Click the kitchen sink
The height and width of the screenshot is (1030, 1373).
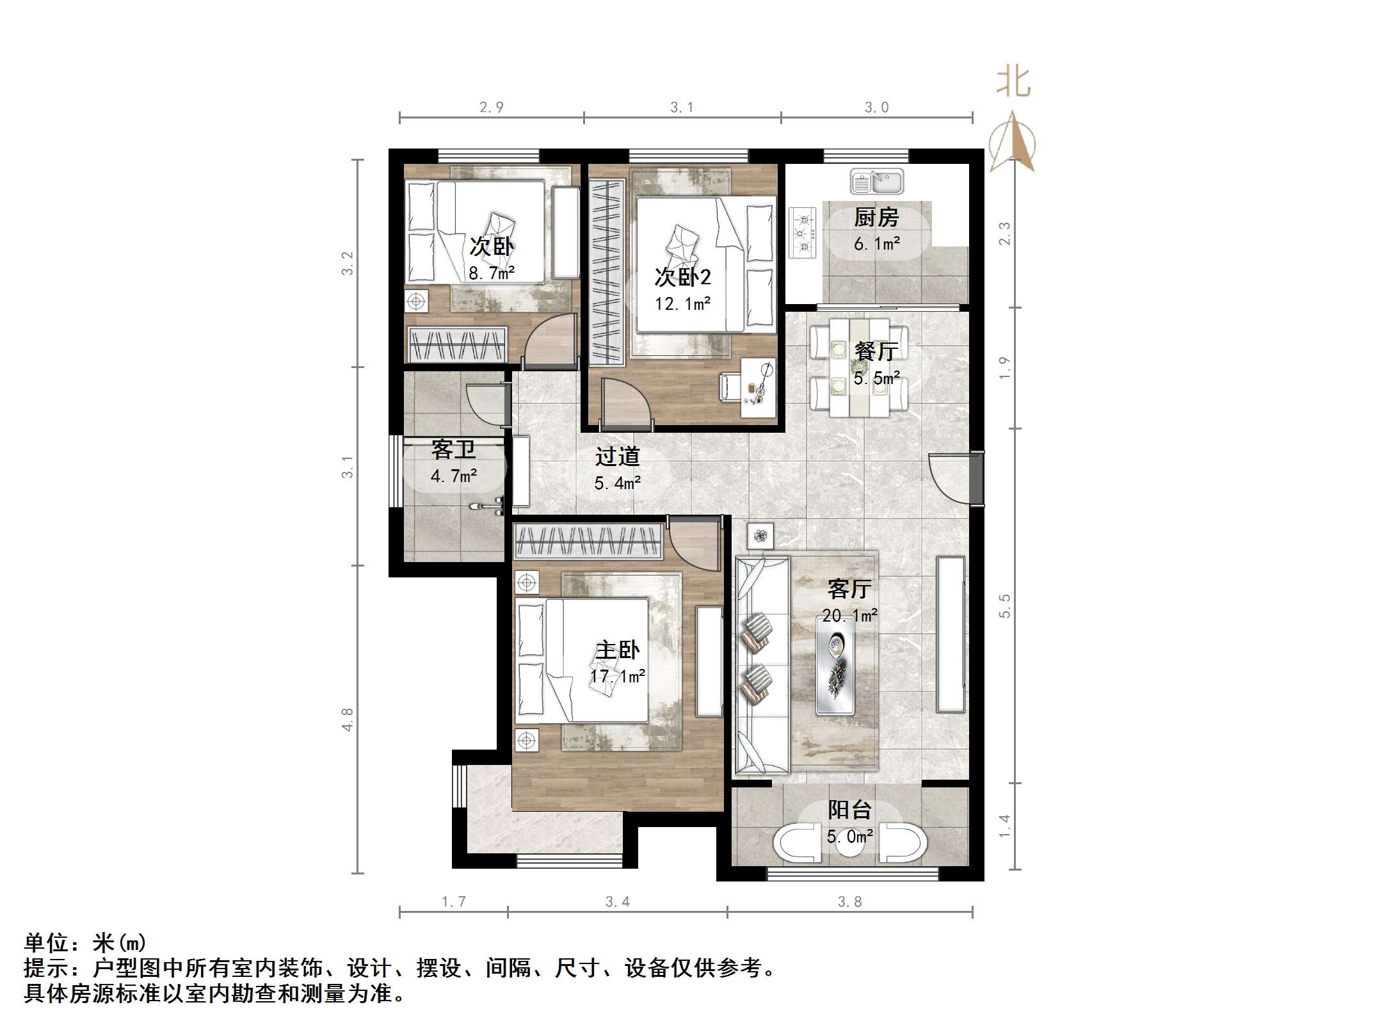pyautogui.click(x=876, y=182)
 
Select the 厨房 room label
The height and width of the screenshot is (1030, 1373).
pyautogui.click(x=876, y=218)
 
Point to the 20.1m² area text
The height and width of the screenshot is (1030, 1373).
pyautogui.click(x=849, y=615)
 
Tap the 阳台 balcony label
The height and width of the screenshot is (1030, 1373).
pyautogui.click(x=849, y=810)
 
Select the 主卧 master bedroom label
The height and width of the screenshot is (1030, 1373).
pyautogui.click(x=617, y=650)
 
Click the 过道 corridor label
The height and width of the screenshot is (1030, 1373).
pyautogui.click(x=617, y=456)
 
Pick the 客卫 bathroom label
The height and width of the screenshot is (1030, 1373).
pyautogui.click(x=453, y=449)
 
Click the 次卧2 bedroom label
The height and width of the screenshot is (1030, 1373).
pyautogui.click(x=682, y=277)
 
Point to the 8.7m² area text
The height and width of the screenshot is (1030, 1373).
pyautogui.click(x=492, y=273)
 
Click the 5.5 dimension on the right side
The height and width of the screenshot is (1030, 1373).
pyautogui.click(x=1004, y=606)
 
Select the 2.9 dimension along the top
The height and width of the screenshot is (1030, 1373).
pyautogui.click(x=492, y=108)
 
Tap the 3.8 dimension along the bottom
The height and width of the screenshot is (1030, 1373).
pyautogui.click(x=849, y=902)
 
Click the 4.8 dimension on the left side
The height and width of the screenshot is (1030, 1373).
pyautogui.click(x=347, y=720)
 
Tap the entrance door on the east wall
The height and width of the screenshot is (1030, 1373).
pyautogui.click(x=955, y=479)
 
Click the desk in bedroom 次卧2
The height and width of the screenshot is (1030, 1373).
pyautogui.click(x=758, y=388)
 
